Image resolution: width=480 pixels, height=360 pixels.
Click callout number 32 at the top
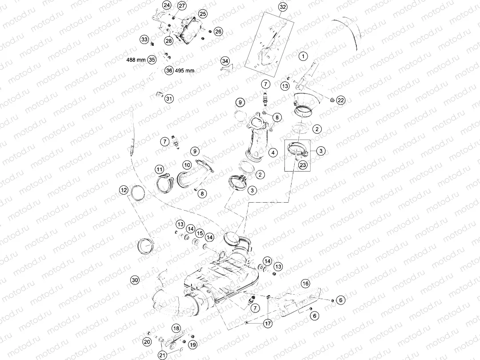coord(283,7)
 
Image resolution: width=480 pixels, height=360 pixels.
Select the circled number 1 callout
coord(303,56)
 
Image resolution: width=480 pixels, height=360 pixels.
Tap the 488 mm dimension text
coord(136,60)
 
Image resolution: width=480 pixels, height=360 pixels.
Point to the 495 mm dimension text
coord(184,70)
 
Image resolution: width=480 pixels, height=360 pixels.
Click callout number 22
coord(340,100)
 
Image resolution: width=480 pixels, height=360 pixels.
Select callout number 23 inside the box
coord(302,165)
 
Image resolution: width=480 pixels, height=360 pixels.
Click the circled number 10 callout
coord(187,165)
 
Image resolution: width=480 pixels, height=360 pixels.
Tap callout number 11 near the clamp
coord(159,169)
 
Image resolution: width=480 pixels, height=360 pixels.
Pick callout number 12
coord(124,190)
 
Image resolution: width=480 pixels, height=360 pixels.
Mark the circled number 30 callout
coord(135,280)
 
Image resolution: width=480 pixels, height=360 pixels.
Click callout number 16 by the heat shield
coord(305,283)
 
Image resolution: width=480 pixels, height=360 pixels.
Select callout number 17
coord(268,324)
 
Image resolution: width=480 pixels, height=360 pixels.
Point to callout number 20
coord(147,342)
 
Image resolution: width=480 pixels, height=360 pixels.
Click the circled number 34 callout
coord(225,60)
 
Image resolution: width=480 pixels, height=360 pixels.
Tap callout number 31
coord(169,99)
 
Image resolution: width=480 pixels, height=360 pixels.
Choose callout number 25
coord(203,14)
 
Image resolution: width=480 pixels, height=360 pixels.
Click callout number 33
coord(144,40)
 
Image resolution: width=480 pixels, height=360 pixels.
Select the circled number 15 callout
coord(200,233)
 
